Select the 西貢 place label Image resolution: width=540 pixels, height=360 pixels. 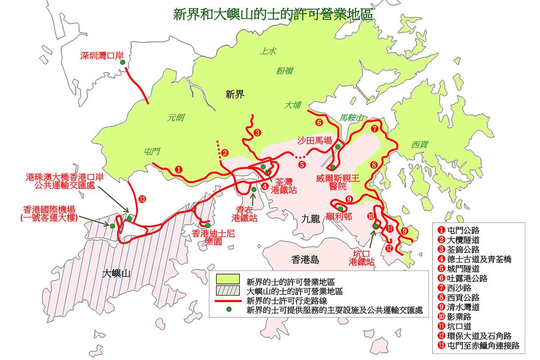tap(419, 144)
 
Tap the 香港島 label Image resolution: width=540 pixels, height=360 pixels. tap(305, 259)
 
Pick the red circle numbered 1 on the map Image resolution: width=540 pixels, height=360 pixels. tap(179, 170)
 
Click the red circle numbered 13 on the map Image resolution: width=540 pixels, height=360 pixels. tap(142, 199)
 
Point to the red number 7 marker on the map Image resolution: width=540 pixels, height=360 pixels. tap(374, 128)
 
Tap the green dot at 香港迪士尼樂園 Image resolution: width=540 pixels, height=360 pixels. tap(208, 225)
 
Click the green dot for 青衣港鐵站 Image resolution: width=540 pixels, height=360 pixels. tap(254, 190)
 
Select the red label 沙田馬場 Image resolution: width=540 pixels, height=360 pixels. tap(315, 140)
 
